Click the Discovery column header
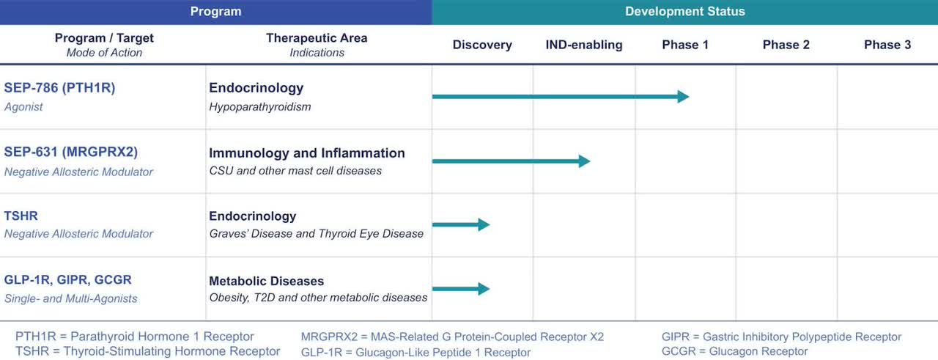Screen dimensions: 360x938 481,45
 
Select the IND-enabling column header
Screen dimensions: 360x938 583,45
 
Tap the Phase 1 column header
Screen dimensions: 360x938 685,45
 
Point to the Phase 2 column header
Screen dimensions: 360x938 786,45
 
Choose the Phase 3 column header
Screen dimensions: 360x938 887,45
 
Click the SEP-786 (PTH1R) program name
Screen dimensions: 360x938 59,88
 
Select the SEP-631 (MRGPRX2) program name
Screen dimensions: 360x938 70,153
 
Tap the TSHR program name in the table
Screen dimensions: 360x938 21,216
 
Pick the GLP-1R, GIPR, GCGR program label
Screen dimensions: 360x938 67,280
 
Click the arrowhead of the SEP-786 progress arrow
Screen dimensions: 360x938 683,97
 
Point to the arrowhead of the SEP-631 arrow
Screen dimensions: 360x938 584,161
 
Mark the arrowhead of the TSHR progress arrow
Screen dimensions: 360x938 484,225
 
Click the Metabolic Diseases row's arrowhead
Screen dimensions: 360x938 484,289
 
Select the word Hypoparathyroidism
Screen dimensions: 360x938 259,107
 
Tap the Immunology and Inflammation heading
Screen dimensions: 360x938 306,153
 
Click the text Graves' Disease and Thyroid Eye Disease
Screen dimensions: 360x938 316,234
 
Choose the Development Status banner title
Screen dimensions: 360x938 684,12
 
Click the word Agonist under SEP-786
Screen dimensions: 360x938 23,107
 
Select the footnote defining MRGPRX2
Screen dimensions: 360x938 452,337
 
